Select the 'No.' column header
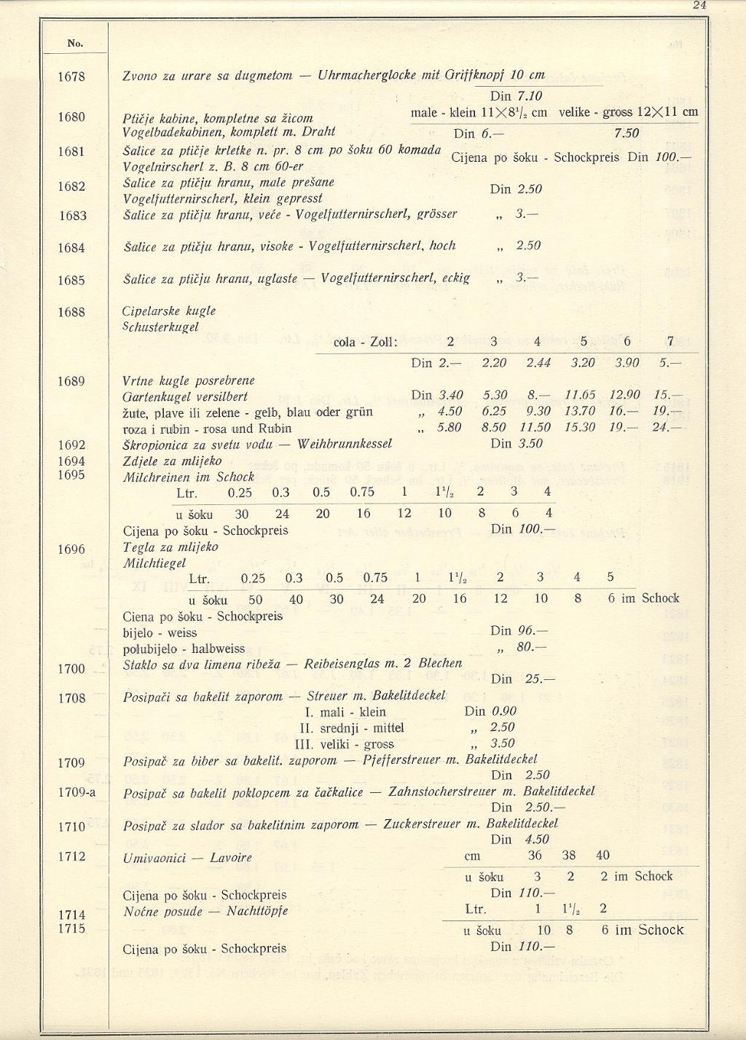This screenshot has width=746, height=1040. pyautogui.click(x=75, y=43)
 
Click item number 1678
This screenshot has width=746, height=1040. pyautogui.click(x=72, y=76)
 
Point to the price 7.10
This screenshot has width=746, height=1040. pyautogui.click(x=529, y=95)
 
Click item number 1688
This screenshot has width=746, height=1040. pyautogui.click(x=72, y=312)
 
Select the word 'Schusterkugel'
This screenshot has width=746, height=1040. pyautogui.click(x=160, y=327)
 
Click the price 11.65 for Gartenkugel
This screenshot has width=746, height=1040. pyautogui.click(x=580, y=395)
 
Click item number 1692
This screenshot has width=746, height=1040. pyautogui.click(x=72, y=445)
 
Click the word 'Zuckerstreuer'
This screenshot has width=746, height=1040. pyautogui.click(x=423, y=824)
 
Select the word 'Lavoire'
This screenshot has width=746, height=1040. pyautogui.click(x=231, y=858)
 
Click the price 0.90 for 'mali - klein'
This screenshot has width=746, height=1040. pyautogui.click(x=504, y=711)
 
